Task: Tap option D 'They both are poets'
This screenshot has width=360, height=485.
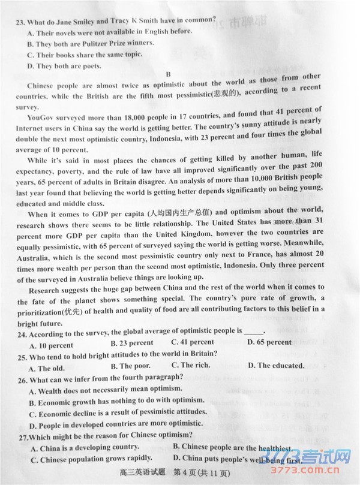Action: pyautogui.click(x=64, y=66)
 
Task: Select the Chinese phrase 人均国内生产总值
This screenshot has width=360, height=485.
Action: pyautogui.click(x=179, y=213)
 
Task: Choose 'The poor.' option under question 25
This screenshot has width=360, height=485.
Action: pyautogui.click(x=130, y=366)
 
